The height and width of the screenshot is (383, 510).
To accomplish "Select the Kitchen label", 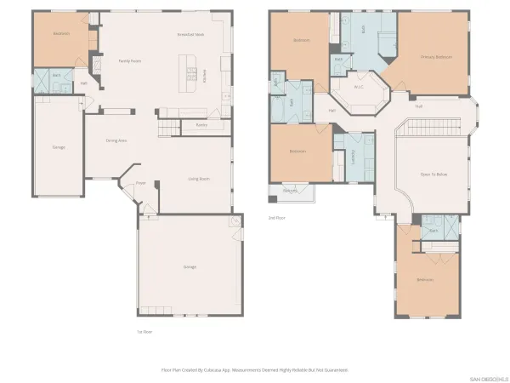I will point(204,77).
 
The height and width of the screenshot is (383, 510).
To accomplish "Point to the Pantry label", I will point(201,125).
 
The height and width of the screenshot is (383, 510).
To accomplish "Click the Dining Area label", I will point(116,140).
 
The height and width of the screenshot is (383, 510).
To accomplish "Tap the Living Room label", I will point(199,179).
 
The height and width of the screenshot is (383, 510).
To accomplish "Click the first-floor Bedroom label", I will point(60,34).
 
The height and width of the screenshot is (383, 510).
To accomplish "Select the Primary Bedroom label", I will point(435,57).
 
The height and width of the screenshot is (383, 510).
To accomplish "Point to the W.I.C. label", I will point(358,87).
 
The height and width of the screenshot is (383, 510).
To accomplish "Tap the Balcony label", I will point(290,191).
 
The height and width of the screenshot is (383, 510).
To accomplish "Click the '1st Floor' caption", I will point(144,331).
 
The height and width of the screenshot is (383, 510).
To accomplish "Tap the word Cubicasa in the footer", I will point(215,370).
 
